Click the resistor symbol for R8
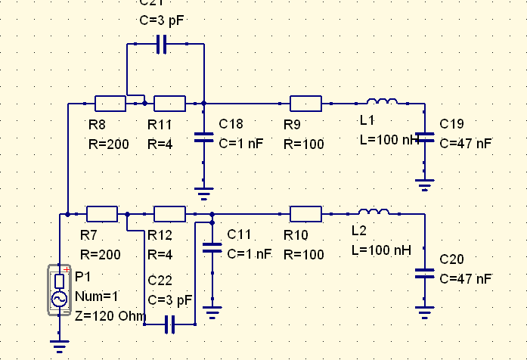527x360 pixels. point(110,104)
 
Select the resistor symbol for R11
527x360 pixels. point(169,104)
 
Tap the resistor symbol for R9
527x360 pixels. point(305,104)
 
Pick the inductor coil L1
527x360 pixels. point(383,102)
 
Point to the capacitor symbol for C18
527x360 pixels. point(204,138)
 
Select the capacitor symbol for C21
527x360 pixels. point(160,45)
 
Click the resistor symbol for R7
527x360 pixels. point(101,214)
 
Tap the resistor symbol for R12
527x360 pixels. point(169,214)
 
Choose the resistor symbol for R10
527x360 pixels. point(305,214)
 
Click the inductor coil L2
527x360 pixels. point(374,213)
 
